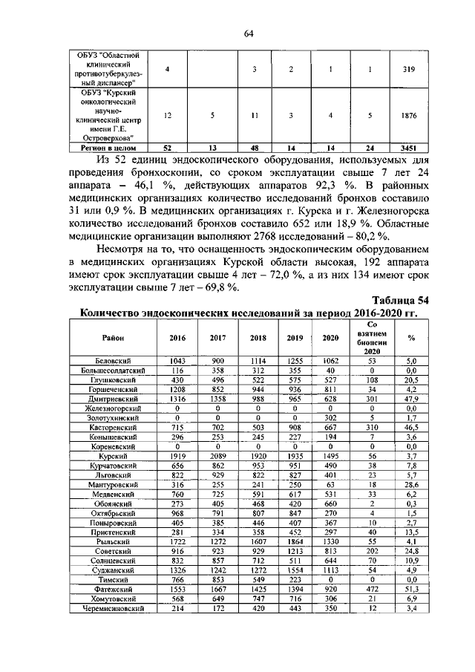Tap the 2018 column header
[x=258, y=337]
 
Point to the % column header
[x=410, y=337]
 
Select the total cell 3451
[x=409, y=148]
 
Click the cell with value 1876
[x=409, y=116]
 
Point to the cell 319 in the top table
[x=409, y=69]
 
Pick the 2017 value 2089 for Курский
[x=217, y=456]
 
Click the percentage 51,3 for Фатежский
[x=410, y=589]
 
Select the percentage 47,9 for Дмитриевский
[x=410, y=399]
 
